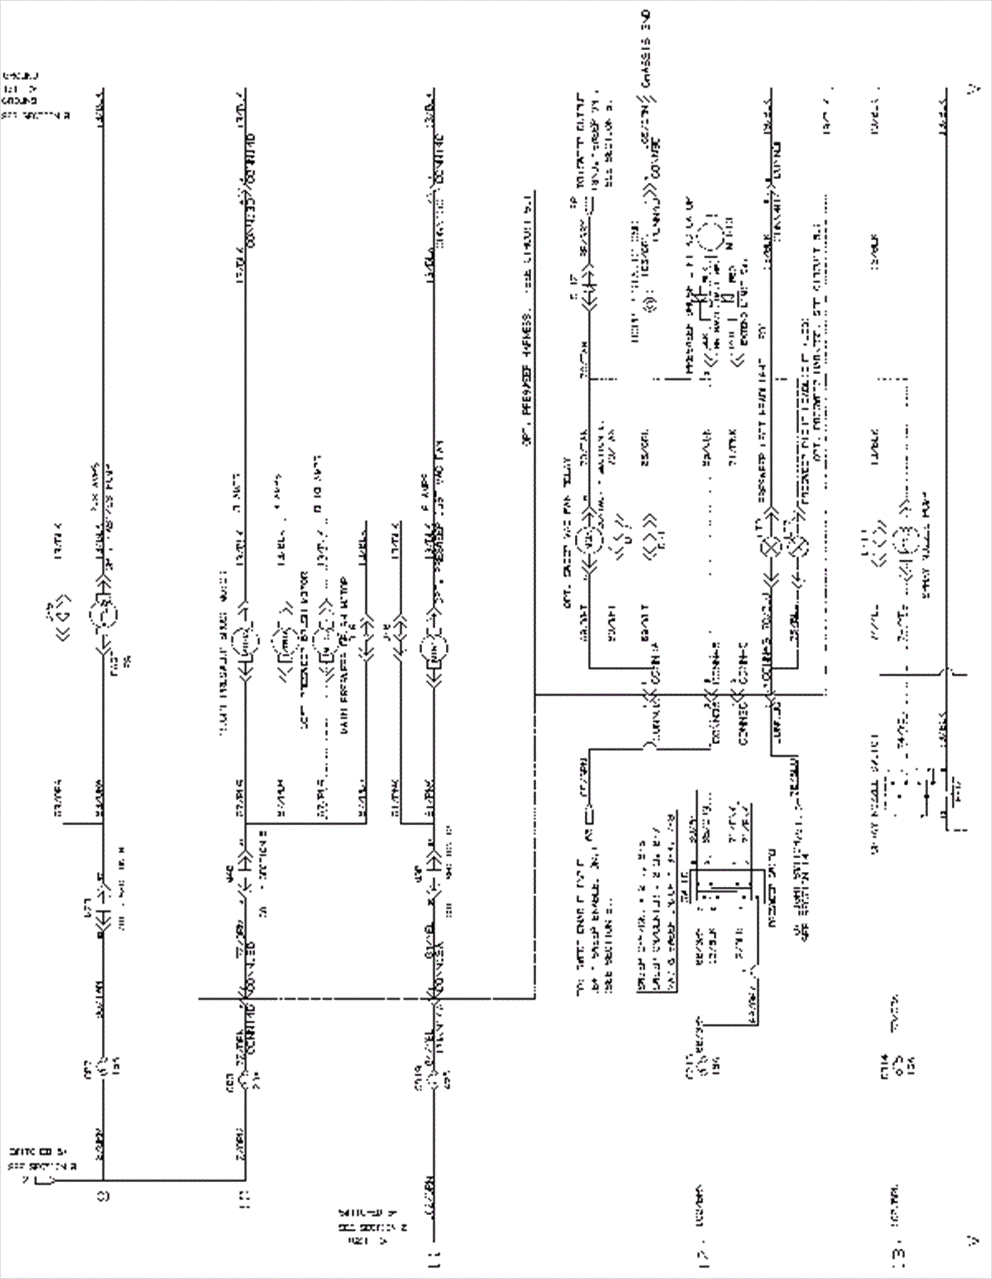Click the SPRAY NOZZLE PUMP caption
coord(926,557)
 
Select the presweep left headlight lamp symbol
coord(769,548)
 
